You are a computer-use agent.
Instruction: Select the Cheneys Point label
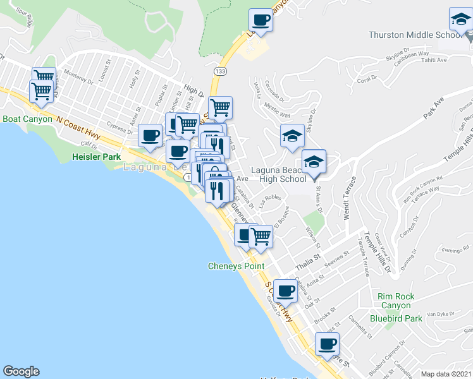(x=236, y=266)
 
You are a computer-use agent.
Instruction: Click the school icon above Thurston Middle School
(x=460, y=21)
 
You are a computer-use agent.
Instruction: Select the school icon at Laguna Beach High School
(x=314, y=162)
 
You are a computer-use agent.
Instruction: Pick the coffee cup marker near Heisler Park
(x=150, y=135)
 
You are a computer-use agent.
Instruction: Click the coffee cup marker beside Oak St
(x=286, y=291)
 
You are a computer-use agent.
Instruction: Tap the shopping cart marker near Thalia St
(x=261, y=237)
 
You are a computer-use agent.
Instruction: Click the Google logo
(x=21, y=371)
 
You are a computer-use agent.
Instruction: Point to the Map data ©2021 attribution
(x=446, y=374)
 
